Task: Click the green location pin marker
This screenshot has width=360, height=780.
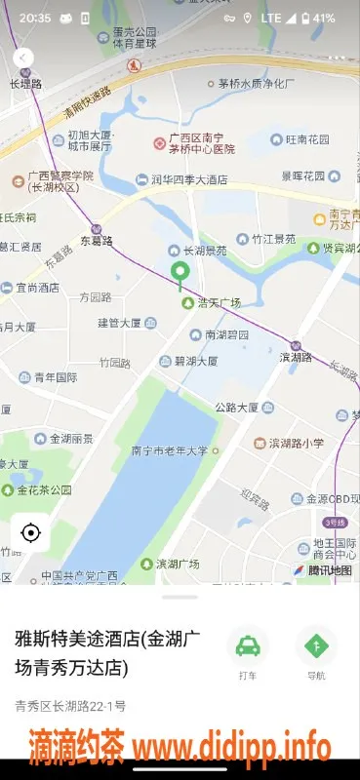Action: coord(179,274)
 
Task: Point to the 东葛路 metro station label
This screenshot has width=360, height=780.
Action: coord(97,240)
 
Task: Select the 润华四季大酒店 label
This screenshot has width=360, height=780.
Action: coord(188,179)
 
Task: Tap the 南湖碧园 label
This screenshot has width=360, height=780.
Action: coord(225,334)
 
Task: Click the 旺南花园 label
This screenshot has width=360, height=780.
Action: coord(302,140)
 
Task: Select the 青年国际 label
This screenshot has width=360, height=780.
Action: coord(55,377)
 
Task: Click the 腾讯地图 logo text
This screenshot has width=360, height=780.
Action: coord(329,569)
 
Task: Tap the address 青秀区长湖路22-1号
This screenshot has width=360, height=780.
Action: coord(70,705)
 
